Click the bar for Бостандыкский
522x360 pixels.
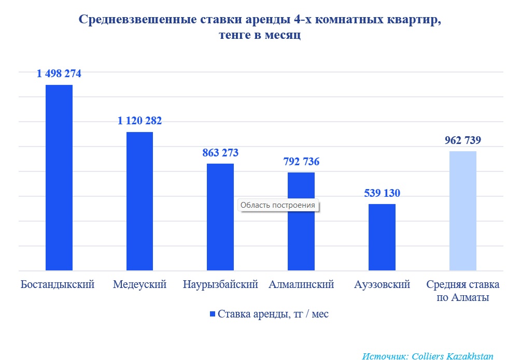click(59, 178)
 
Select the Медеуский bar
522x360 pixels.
click(139, 201)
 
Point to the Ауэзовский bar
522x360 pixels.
click(382, 237)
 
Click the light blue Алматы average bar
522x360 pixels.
click(463, 211)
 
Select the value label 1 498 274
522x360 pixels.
click(59, 74)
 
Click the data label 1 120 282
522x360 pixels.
click(139, 121)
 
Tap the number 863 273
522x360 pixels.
click(220, 153)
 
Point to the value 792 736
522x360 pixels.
click(301, 162)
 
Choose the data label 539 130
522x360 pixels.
click(382, 193)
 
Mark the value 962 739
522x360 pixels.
click(463, 140)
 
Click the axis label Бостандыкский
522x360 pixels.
click(58, 285)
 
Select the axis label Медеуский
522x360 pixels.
click(139, 285)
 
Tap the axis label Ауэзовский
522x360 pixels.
click(383, 285)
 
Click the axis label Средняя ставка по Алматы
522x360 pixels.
click(463, 291)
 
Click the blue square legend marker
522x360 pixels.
click(211, 314)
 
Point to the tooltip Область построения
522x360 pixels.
click(278, 205)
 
